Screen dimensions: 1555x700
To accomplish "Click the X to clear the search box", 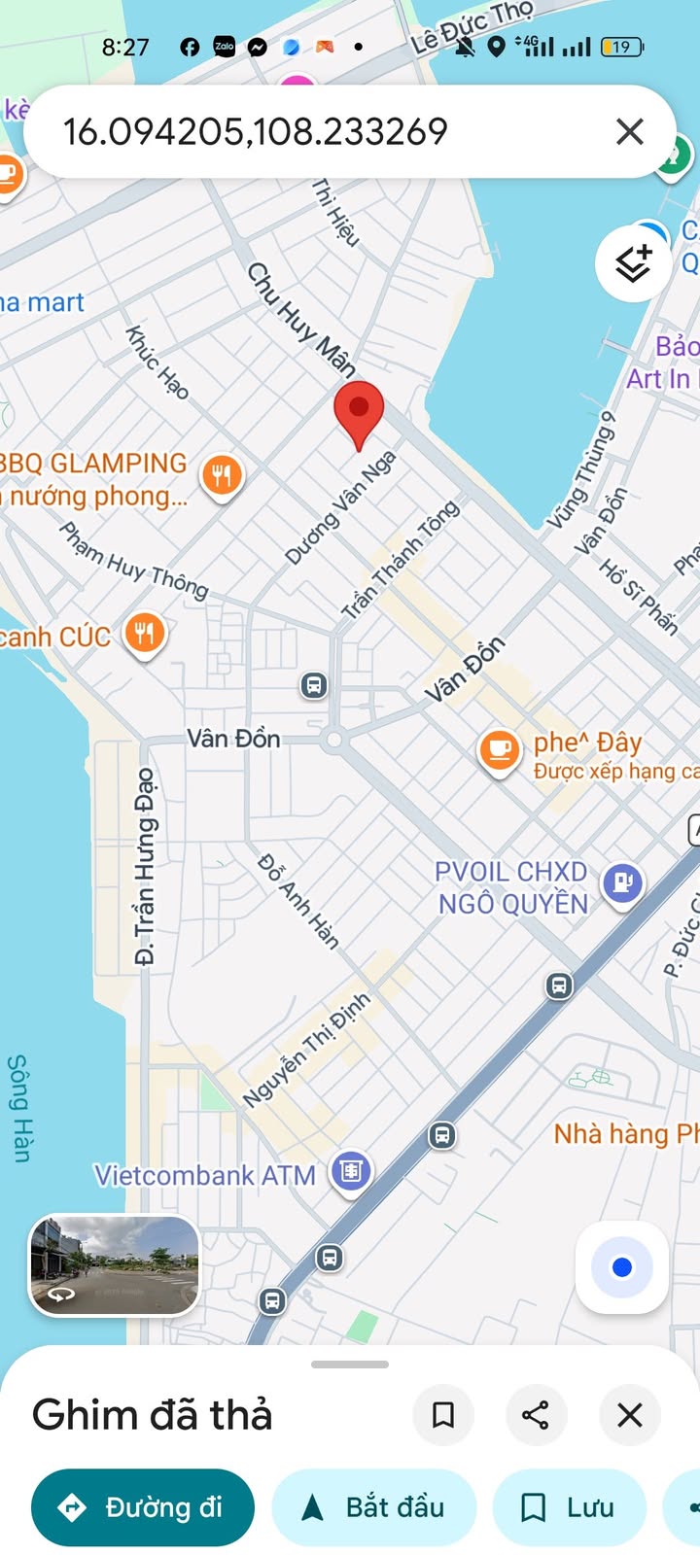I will tap(630, 131).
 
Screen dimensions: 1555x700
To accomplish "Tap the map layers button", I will tap(633, 262).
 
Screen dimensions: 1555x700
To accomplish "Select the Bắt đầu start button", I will tap(374, 1507).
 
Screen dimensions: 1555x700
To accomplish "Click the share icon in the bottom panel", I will tap(536, 1415).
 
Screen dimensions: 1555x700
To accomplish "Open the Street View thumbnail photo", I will tap(115, 1265).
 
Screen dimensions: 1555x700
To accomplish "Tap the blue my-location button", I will tap(622, 1267).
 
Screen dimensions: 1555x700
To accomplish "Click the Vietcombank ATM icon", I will tap(351, 1171).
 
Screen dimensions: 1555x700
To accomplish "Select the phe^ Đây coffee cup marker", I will tap(500, 751).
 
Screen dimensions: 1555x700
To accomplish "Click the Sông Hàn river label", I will tap(19, 1108).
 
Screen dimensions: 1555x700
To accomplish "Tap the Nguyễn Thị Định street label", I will tap(306, 1050).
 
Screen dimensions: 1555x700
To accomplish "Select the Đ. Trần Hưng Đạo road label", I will tap(145, 865).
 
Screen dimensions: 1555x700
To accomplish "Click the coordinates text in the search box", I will tap(256, 131).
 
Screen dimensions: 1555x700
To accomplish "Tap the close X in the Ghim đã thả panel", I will tap(630, 1415).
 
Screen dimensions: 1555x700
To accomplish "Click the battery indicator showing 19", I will tap(622, 47).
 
